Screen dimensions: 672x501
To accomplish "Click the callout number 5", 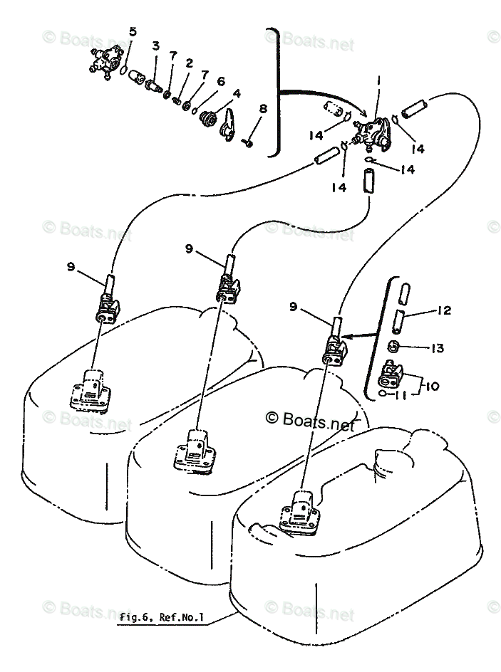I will [x=133, y=31].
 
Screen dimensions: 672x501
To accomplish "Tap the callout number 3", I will [x=155, y=46].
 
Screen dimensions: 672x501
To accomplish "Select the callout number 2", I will [x=189, y=63].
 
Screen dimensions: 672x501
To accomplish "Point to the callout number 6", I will [x=220, y=81].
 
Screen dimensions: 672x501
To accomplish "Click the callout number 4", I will [x=236, y=93].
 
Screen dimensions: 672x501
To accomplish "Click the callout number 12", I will [x=444, y=310].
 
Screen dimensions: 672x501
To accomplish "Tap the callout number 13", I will [x=437, y=348].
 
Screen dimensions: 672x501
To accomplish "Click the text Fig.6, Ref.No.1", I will [x=162, y=617].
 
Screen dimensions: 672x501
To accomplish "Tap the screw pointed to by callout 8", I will [x=247, y=143].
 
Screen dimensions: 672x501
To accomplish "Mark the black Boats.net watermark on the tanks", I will [x=310, y=420].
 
